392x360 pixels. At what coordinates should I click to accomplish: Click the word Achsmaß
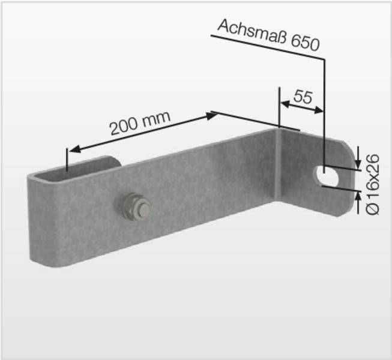click(251, 32)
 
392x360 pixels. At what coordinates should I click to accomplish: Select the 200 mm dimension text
click(140, 122)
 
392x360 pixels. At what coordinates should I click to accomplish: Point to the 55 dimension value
click(303, 97)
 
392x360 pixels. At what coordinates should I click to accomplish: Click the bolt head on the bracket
click(140, 208)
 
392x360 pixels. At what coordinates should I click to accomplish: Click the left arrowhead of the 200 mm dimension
click(73, 150)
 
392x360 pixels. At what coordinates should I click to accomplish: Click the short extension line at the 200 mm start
click(68, 159)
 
